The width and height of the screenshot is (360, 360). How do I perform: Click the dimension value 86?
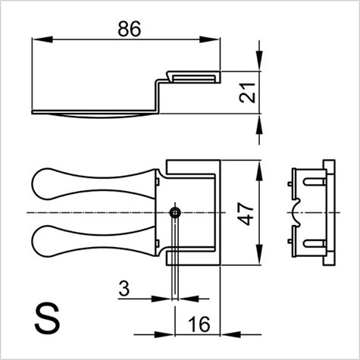click(x=130, y=29)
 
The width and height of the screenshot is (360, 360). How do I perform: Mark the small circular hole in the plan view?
click(x=175, y=211)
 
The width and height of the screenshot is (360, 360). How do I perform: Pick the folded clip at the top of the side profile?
click(x=193, y=77)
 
